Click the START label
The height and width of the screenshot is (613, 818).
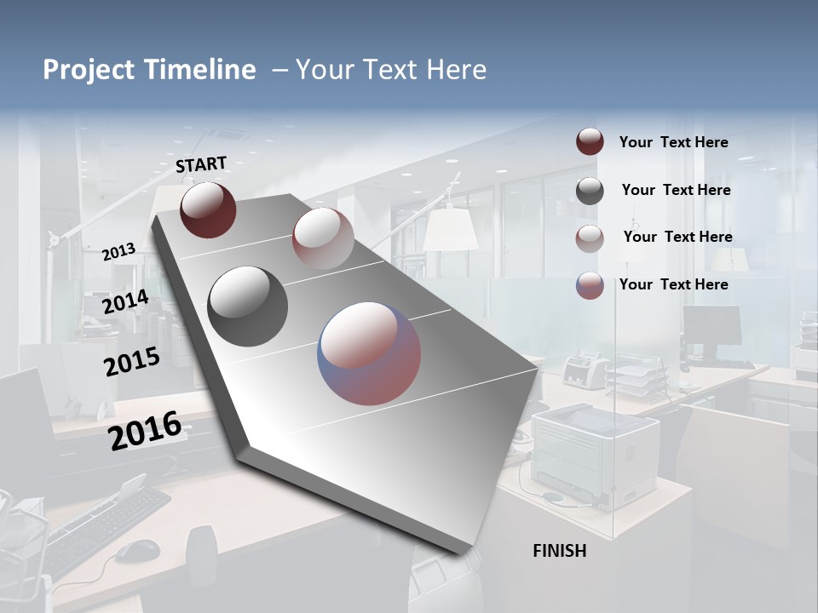201,164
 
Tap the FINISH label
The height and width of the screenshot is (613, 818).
559,551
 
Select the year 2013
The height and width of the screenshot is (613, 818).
118,252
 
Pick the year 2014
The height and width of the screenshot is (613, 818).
125,302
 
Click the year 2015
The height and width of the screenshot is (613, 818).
131,362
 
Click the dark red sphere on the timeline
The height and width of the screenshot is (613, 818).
208,209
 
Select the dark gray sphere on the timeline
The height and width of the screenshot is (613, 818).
248,306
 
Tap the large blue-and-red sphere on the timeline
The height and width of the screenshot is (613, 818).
369,353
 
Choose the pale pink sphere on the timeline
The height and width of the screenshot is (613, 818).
323,238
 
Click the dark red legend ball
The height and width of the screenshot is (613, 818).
590,142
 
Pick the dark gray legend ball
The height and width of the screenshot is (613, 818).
590,191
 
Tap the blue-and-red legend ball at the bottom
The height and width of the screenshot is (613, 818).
590,285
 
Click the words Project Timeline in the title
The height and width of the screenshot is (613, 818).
149,70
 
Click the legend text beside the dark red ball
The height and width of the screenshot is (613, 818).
673,142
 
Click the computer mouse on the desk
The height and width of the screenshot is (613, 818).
136,552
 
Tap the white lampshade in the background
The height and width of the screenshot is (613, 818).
450,229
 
